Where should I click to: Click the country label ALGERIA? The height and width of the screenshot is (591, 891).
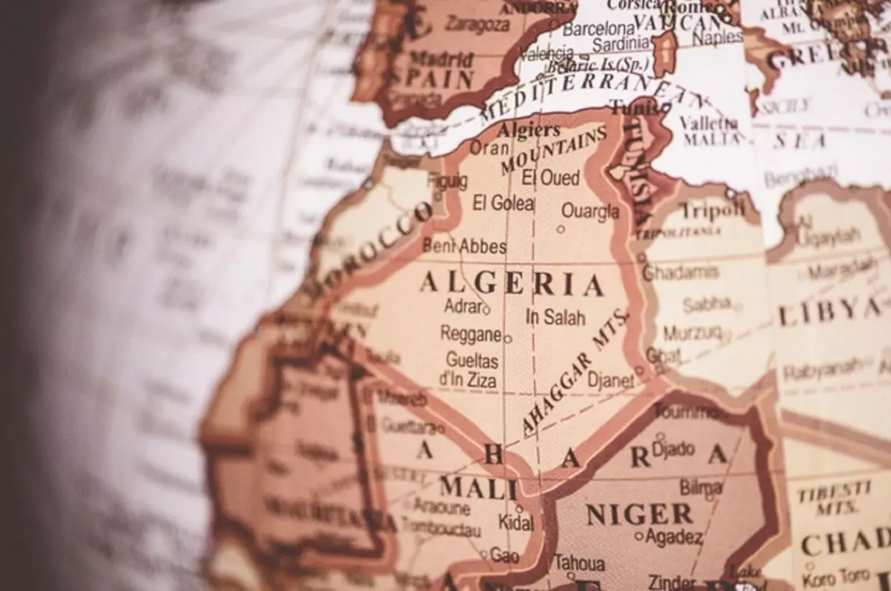pos(511,284)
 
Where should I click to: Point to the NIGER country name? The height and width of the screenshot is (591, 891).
pos(639,514)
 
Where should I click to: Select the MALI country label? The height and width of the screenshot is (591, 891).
pos(479,488)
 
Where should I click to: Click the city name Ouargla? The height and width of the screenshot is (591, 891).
pos(590,212)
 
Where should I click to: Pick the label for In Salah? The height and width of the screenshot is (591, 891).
pos(555,317)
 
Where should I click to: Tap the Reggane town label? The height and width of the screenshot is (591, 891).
pos(471,334)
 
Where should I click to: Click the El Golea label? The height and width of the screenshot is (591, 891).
pos(503,203)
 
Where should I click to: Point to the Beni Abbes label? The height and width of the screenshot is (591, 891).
pos(464,246)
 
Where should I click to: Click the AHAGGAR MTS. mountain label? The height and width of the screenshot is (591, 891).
pos(574,373)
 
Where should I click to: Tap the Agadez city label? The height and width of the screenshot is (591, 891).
pos(673,536)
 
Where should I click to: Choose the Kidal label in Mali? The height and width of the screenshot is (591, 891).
pos(516,522)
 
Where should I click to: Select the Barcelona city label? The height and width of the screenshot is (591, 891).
pos(599,29)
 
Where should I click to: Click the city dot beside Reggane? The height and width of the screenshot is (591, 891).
pos(507,338)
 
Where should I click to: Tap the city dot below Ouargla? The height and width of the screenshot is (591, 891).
pos(560,230)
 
